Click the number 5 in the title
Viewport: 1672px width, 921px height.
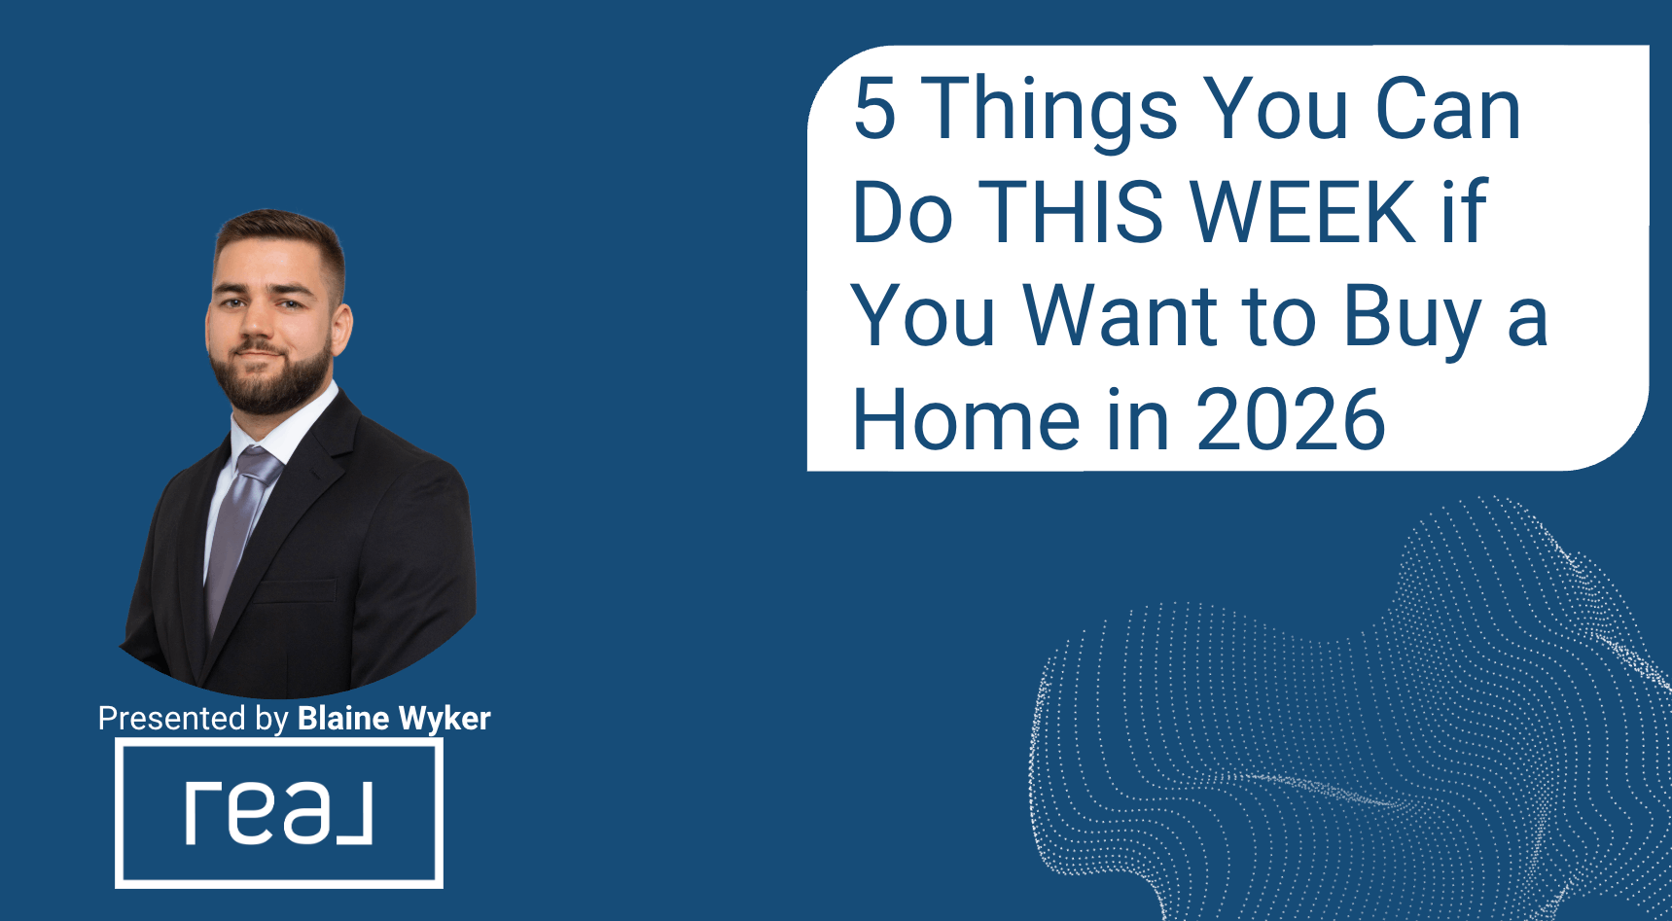[x=874, y=108]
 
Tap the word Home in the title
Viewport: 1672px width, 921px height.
[x=966, y=419]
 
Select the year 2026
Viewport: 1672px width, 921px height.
[x=1291, y=419]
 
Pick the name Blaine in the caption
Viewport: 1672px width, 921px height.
[x=343, y=718]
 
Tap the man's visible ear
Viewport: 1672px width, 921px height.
[x=341, y=329]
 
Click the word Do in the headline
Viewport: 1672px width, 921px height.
[x=902, y=211]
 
